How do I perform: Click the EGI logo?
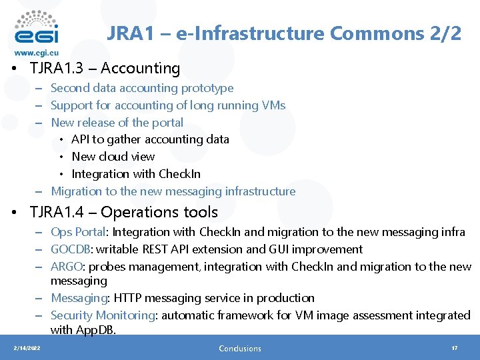point(36,27)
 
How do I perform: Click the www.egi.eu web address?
point(36,53)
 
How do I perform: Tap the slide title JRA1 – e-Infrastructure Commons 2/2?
point(284,34)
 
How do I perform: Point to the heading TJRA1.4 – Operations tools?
point(123,212)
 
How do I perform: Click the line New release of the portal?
point(117,123)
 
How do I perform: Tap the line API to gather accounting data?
point(150,139)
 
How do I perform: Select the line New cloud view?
point(113,157)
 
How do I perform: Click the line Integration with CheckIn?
point(136,174)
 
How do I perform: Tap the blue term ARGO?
point(67,267)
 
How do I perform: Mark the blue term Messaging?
point(79,298)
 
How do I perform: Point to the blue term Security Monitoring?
point(101,315)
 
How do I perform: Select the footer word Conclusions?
point(240,348)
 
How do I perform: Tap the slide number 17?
point(454,348)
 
